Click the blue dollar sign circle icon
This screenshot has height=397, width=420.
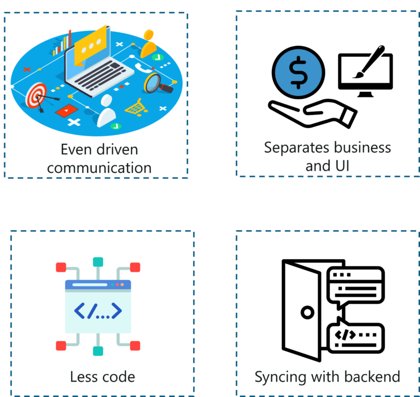[298, 73]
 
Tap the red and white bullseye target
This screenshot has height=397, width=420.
[37, 96]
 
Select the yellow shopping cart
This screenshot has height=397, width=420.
[135, 106]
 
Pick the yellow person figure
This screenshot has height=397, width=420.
[149, 44]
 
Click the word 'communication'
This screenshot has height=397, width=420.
[99, 167]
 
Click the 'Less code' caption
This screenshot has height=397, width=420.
[102, 377]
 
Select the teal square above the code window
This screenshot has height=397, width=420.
[98, 262]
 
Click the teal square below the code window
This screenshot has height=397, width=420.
[98, 351]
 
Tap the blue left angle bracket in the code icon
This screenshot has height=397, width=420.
[80, 311]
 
